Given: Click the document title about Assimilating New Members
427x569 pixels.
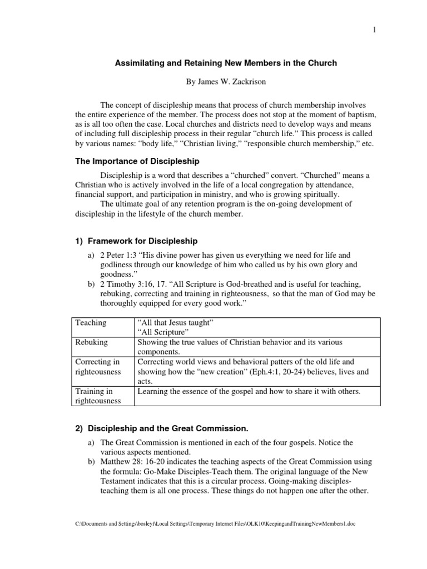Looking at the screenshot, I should pos(226,63).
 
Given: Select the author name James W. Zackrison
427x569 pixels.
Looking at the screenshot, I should pos(226,82).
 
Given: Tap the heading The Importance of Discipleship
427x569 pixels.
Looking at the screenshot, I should pos(137,162).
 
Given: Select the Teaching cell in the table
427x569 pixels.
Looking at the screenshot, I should pos(91,322).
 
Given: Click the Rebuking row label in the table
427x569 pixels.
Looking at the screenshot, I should pos(92,342).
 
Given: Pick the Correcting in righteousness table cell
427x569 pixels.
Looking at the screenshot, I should pos(97,367).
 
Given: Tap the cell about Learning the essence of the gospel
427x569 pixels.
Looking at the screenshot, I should pos(249,392).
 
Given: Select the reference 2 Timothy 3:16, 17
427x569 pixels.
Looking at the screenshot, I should pos(136,284).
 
